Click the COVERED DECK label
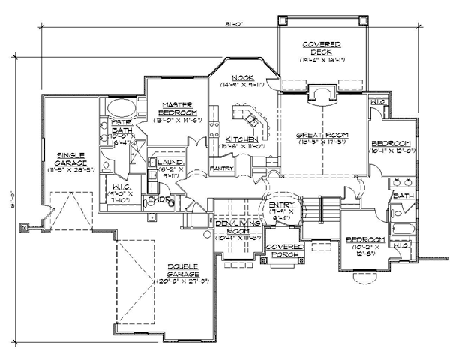point(324,49)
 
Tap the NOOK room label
point(242,77)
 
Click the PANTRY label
point(221,169)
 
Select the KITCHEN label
point(241,139)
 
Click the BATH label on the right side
point(403,196)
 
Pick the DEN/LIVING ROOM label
point(236,228)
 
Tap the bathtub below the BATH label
point(403,229)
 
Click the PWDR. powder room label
point(155,200)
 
